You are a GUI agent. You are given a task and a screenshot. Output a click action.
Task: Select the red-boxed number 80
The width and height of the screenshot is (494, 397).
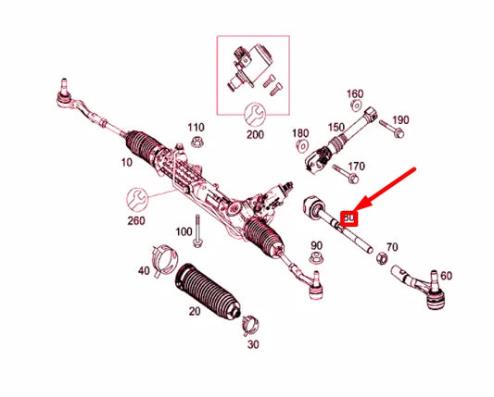click(x=349, y=218)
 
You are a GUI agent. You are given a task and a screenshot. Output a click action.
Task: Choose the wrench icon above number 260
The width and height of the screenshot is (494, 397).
click(x=136, y=199)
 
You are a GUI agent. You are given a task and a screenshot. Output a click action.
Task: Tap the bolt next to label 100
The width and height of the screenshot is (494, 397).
click(x=198, y=233)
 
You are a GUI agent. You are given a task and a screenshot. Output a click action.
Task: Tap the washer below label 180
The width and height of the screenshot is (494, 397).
click(x=301, y=147)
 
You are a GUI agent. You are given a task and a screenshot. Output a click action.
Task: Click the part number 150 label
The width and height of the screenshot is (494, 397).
click(x=336, y=126)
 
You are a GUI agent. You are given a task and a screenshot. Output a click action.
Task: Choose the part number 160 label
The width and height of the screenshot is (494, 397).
click(x=355, y=93)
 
